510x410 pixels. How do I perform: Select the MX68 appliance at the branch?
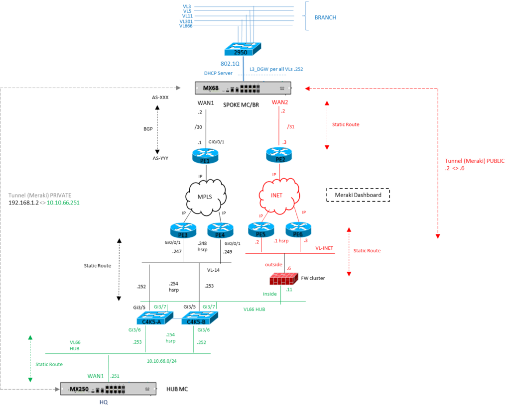point(243,88)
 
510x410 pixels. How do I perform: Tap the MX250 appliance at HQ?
point(109,389)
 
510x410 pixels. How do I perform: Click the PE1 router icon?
point(205,156)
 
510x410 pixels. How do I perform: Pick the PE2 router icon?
point(279,155)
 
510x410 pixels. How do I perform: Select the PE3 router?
point(183,230)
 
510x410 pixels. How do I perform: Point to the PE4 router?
point(220,230)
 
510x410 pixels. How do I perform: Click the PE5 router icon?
point(261,229)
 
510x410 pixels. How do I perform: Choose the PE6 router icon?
point(298,229)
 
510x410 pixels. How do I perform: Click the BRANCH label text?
point(325,17)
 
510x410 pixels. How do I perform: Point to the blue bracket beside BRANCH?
point(307,16)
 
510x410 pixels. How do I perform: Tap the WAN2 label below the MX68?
point(279,102)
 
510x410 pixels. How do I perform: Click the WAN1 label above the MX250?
point(96,375)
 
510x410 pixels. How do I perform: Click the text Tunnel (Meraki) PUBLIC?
point(474,161)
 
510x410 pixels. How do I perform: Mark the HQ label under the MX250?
point(103,402)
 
